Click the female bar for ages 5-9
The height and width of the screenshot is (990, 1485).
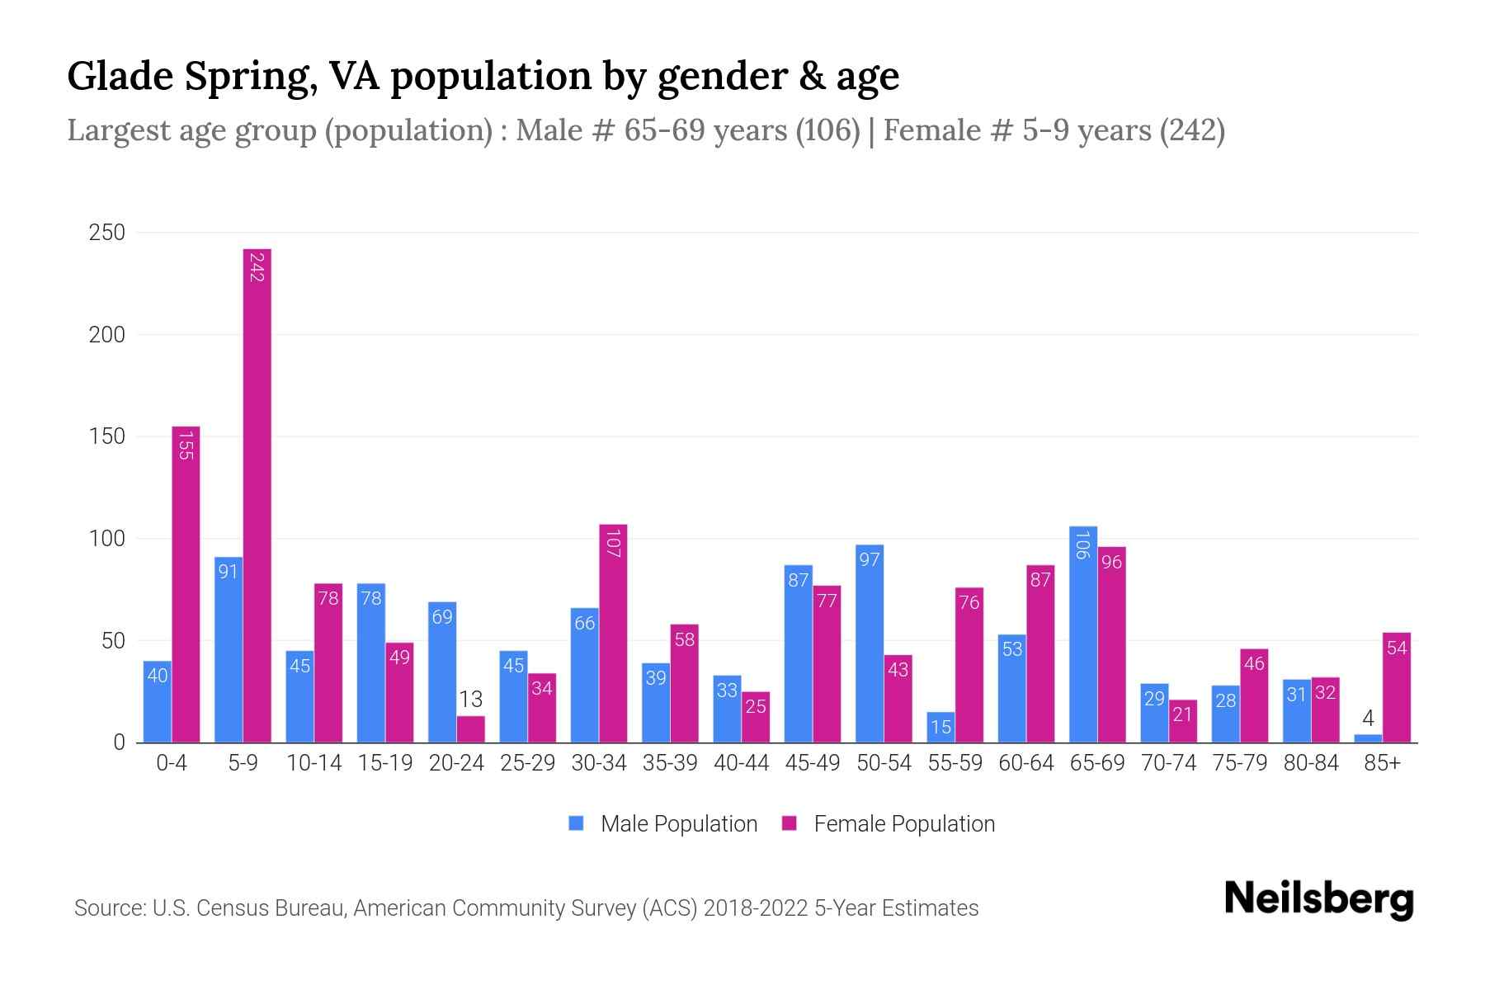[257, 495]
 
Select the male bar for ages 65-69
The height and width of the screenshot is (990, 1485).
[1082, 635]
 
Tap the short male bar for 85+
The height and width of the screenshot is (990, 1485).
[1367, 738]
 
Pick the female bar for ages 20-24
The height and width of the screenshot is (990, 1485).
[470, 729]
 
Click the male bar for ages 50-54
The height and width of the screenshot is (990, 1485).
[869, 643]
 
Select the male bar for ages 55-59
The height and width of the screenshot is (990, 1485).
[940, 727]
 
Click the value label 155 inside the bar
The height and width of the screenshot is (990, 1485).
[186, 445]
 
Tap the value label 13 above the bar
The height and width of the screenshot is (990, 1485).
[470, 700]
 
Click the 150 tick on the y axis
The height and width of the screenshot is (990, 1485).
[107, 436]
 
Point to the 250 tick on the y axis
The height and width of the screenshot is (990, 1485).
[107, 233]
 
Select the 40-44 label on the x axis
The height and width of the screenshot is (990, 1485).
[741, 763]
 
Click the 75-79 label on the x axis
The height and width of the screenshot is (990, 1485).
[1239, 763]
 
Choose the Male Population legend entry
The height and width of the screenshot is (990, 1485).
[678, 824]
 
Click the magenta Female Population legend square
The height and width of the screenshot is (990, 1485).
[790, 823]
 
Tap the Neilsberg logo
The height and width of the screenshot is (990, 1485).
[1318, 899]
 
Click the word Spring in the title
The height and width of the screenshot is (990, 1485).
[247, 77]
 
